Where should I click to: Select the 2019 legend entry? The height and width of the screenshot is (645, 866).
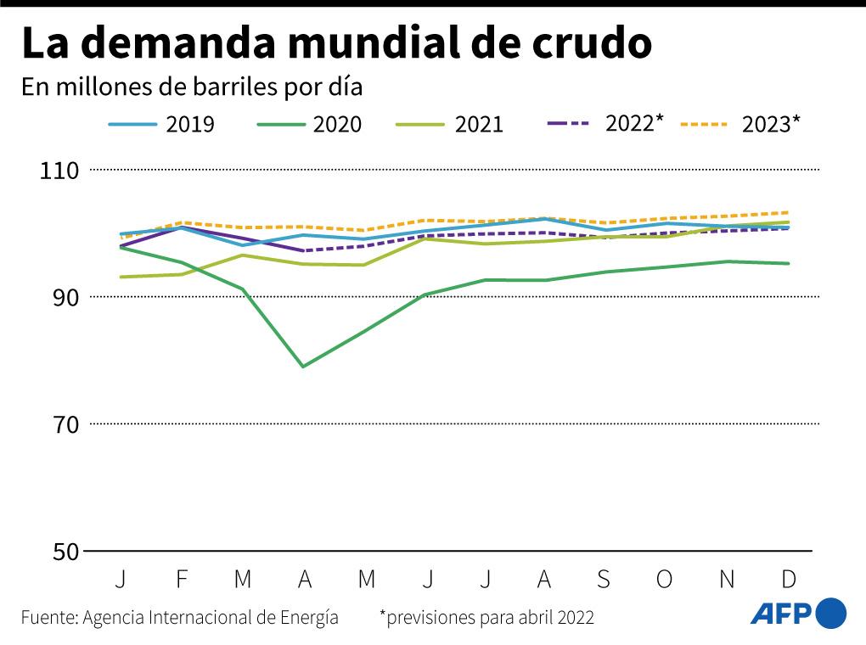[161, 124]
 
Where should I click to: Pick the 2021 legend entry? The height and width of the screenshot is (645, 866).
[450, 124]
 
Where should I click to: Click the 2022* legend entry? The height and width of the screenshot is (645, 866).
[604, 122]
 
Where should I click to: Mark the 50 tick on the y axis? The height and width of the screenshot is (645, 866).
[65, 551]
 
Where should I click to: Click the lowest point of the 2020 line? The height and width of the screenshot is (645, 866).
[303, 367]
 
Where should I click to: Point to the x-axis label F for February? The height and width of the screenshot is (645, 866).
[181, 579]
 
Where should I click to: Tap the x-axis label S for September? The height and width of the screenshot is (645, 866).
[604, 579]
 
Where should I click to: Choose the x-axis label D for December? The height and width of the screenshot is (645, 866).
[788, 579]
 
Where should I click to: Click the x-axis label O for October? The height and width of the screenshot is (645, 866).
[665, 579]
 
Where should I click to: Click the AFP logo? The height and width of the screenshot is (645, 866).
[798, 614]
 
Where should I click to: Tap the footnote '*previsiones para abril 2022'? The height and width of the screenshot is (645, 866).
[486, 617]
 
